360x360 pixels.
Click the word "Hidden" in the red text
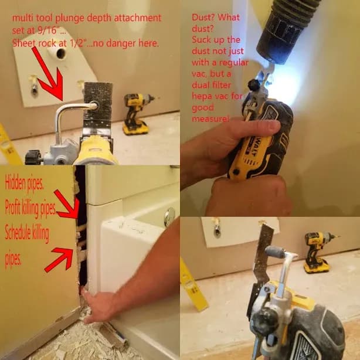[x=16, y=184]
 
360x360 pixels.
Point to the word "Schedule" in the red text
[x=18, y=232]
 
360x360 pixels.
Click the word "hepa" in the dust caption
[x=202, y=96]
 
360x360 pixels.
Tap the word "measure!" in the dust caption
[x=210, y=118]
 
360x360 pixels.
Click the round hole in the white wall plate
[x=61, y=53]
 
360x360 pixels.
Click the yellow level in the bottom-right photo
[x=193, y=285]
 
